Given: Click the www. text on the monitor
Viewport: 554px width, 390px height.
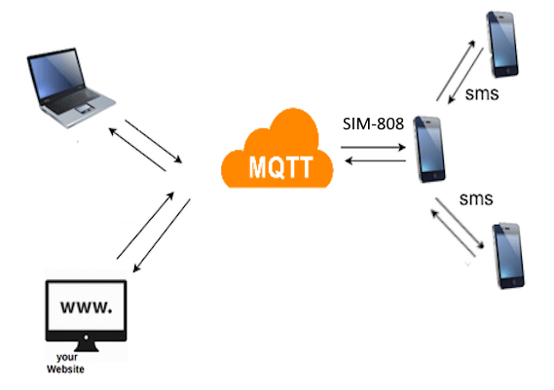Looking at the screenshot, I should (87, 307).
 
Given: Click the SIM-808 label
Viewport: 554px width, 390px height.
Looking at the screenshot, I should (373, 124).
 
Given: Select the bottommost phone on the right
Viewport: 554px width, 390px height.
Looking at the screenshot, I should (510, 255).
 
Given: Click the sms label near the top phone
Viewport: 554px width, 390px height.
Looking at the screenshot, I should (483, 94).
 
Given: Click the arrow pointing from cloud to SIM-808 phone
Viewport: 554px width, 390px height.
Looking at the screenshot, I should (374, 147).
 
